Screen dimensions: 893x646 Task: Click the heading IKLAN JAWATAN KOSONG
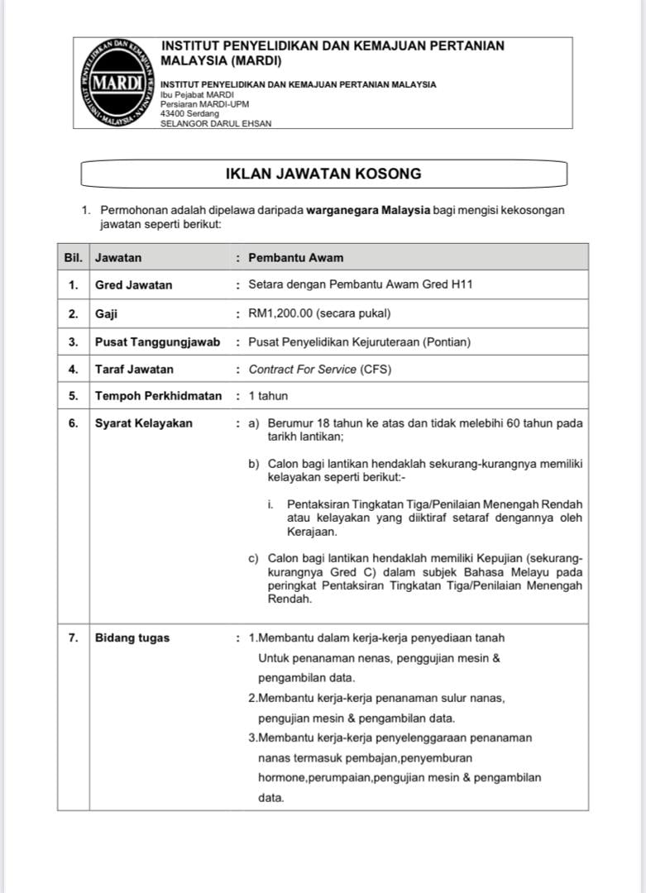(x=323, y=174)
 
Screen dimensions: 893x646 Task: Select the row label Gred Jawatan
(x=134, y=285)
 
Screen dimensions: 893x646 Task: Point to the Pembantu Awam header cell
(x=295, y=257)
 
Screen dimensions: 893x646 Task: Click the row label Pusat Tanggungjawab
(x=158, y=341)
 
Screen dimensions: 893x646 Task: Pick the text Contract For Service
(x=303, y=370)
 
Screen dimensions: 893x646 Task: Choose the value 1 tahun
(x=269, y=396)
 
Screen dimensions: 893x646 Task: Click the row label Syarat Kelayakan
(x=144, y=423)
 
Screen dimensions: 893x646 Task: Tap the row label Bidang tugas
(x=132, y=638)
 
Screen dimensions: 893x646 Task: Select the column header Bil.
(x=74, y=257)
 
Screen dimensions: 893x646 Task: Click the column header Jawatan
(x=118, y=257)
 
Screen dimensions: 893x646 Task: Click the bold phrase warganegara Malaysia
(x=368, y=210)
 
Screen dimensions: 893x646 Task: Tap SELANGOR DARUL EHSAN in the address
(x=216, y=123)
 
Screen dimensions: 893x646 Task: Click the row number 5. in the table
(x=74, y=396)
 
